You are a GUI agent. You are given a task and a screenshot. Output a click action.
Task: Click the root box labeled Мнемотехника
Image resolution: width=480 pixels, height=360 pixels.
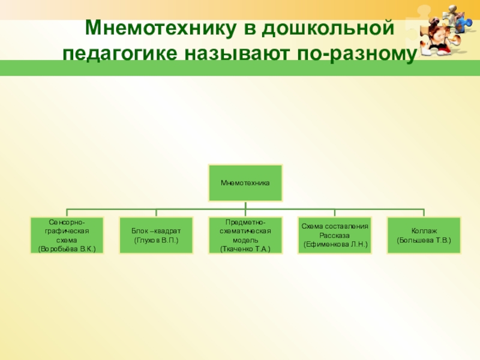coord(245,182)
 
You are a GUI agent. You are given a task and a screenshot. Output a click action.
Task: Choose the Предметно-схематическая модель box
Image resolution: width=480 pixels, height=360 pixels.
coord(245,235)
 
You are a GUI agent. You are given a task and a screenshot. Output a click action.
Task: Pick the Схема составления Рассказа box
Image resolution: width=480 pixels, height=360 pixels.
coord(334,235)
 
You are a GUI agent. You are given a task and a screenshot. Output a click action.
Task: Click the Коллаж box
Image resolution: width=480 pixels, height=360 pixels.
coord(424,235)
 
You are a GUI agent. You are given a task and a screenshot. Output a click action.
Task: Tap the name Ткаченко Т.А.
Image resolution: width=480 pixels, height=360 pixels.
coord(245,248)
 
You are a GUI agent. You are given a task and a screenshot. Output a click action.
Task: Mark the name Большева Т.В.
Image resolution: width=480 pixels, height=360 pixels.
coord(424,240)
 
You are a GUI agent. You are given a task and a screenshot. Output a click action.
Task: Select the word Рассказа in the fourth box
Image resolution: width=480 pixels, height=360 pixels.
coord(334,235)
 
